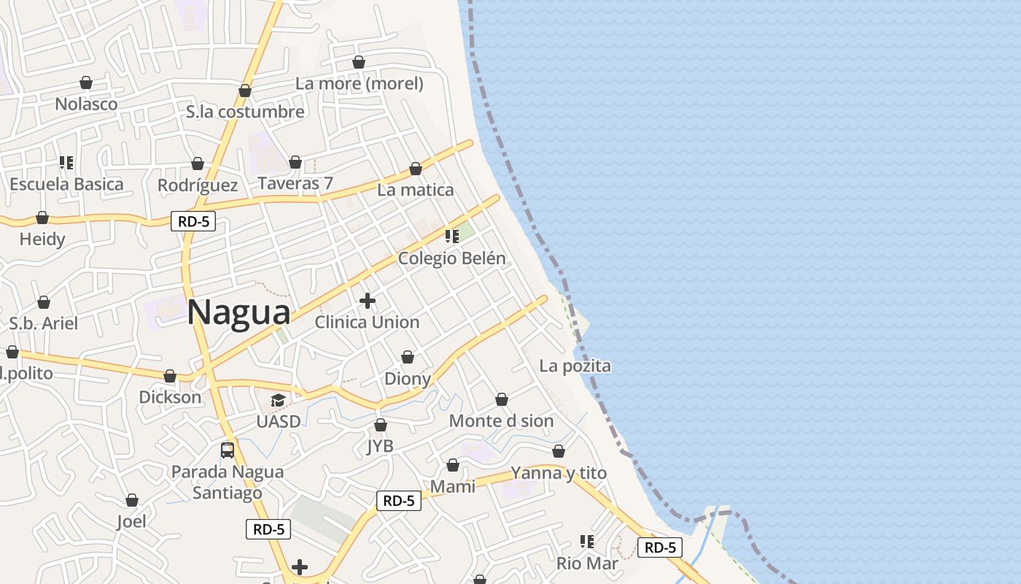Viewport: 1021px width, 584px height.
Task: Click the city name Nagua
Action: coord(239,312)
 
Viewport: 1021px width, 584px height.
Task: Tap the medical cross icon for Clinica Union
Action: coord(368,300)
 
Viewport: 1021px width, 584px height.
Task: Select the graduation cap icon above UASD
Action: coord(278,400)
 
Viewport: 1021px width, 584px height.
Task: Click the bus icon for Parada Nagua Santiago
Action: coord(228,450)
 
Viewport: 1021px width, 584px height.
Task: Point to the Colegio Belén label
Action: coord(451,258)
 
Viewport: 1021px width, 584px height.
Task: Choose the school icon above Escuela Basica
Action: coord(66,162)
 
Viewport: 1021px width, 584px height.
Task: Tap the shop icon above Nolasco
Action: coord(86,82)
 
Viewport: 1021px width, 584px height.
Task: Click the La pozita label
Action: coord(575,366)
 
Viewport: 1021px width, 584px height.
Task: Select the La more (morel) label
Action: coord(360,83)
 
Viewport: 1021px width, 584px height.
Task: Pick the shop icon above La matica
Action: coord(416,169)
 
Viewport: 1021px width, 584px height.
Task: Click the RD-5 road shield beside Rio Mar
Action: coord(660,547)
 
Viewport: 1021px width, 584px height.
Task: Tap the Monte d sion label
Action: coord(501,421)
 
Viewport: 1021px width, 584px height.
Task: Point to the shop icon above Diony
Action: coord(408,357)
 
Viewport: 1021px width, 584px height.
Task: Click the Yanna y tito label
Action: coord(559,473)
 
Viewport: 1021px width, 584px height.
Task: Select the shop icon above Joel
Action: coord(132,500)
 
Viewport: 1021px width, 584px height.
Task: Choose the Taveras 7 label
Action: coord(295,183)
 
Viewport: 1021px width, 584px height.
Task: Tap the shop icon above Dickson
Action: coord(170,376)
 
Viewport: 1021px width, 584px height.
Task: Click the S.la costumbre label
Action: coord(245,112)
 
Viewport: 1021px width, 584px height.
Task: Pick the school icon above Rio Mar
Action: coord(587,542)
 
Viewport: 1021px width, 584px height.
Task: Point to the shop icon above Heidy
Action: coord(42,218)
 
